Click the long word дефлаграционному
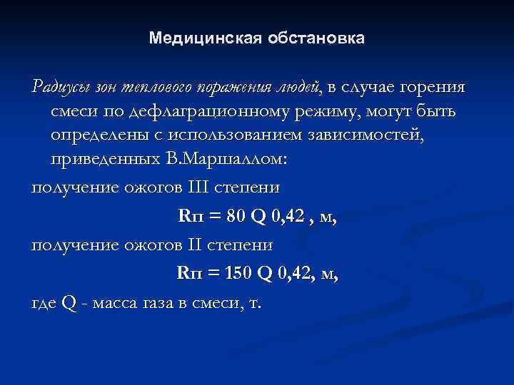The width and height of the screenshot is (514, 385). pos(202,113)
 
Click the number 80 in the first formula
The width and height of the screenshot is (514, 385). pos(233,216)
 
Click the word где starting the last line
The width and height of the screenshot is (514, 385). pos(44,302)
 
